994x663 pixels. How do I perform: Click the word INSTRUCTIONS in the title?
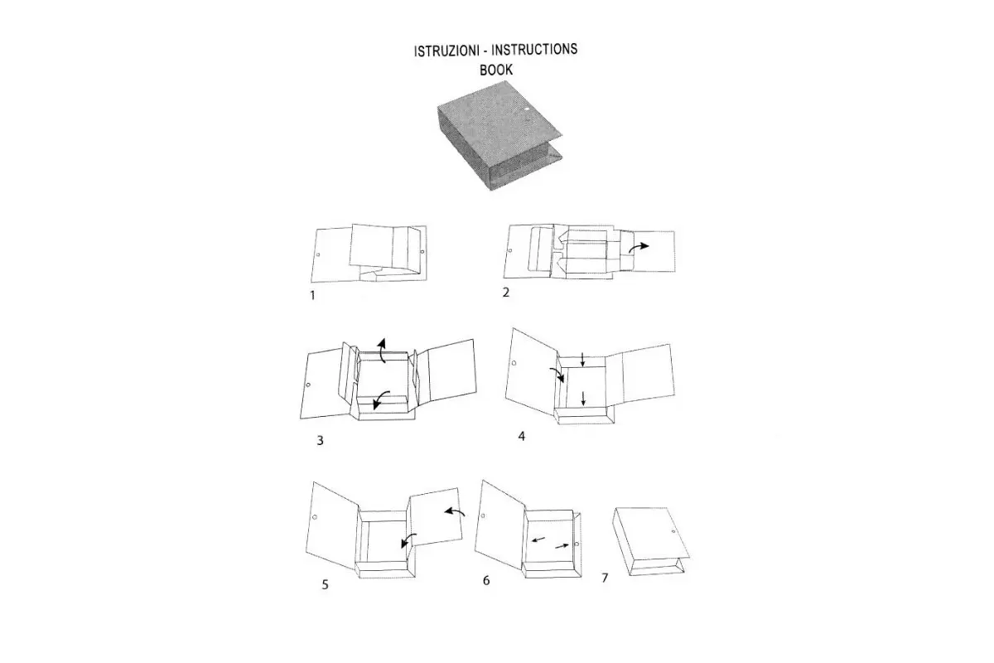click(534, 49)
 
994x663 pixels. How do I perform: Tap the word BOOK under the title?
click(496, 70)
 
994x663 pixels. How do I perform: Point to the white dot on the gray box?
click(527, 108)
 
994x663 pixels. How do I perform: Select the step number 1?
click(312, 295)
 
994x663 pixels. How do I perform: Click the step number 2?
click(506, 293)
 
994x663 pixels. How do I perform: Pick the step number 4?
click(521, 436)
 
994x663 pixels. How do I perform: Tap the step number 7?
click(605, 578)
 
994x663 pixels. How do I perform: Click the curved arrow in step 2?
click(638, 247)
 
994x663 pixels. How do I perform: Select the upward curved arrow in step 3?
click(382, 350)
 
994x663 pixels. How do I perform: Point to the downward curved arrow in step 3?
click(380, 399)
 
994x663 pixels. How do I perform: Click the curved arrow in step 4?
click(557, 375)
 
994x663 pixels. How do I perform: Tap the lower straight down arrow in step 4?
click(583, 398)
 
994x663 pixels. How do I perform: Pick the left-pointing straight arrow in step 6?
click(538, 540)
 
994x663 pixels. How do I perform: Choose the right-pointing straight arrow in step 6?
click(562, 546)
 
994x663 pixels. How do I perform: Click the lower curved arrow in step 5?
click(408, 540)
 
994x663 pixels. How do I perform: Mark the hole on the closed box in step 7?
click(673, 531)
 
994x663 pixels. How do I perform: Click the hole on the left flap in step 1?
click(318, 255)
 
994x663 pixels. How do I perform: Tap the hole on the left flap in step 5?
click(315, 517)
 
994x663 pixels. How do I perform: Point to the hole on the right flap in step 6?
click(577, 544)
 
